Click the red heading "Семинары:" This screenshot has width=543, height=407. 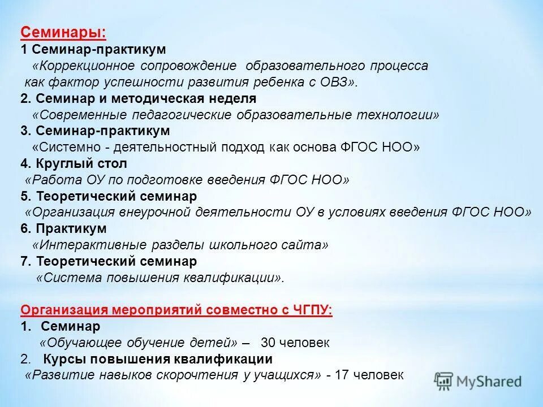(x=63, y=33)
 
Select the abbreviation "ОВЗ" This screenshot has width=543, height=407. (x=335, y=82)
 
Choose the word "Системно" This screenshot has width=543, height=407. (x=64, y=148)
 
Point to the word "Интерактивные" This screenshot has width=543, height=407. (x=79, y=245)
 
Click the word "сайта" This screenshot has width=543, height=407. (x=307, y=245)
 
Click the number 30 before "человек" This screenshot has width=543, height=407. (x=268, y=343)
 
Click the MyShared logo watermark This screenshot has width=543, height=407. (x=479, y=380)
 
